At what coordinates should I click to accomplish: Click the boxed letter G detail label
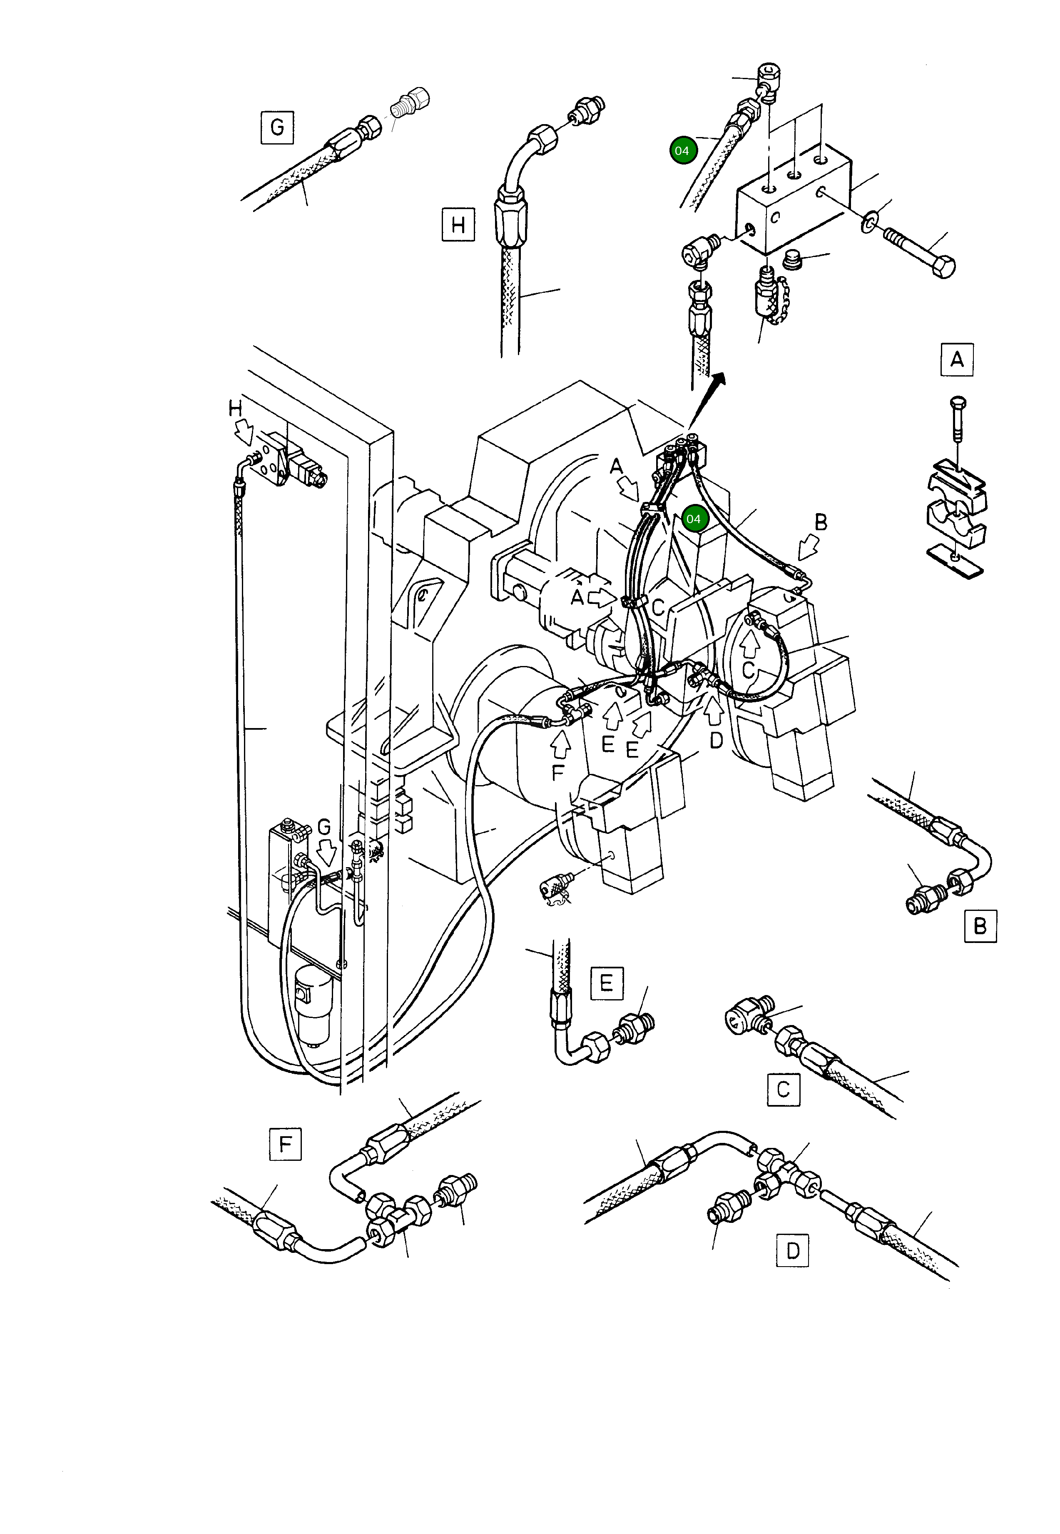pyautogui.click(x=277, y=127)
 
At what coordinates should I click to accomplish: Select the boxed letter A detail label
pyautogui.click(x=956, y=360)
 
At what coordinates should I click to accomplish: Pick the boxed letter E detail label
pyautogui.click(x=606, y=983)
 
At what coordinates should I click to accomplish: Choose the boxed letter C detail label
pyautogui.click(x=783, y=1090)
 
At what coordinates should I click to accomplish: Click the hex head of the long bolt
pyautogui.click(x=943, y=267)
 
